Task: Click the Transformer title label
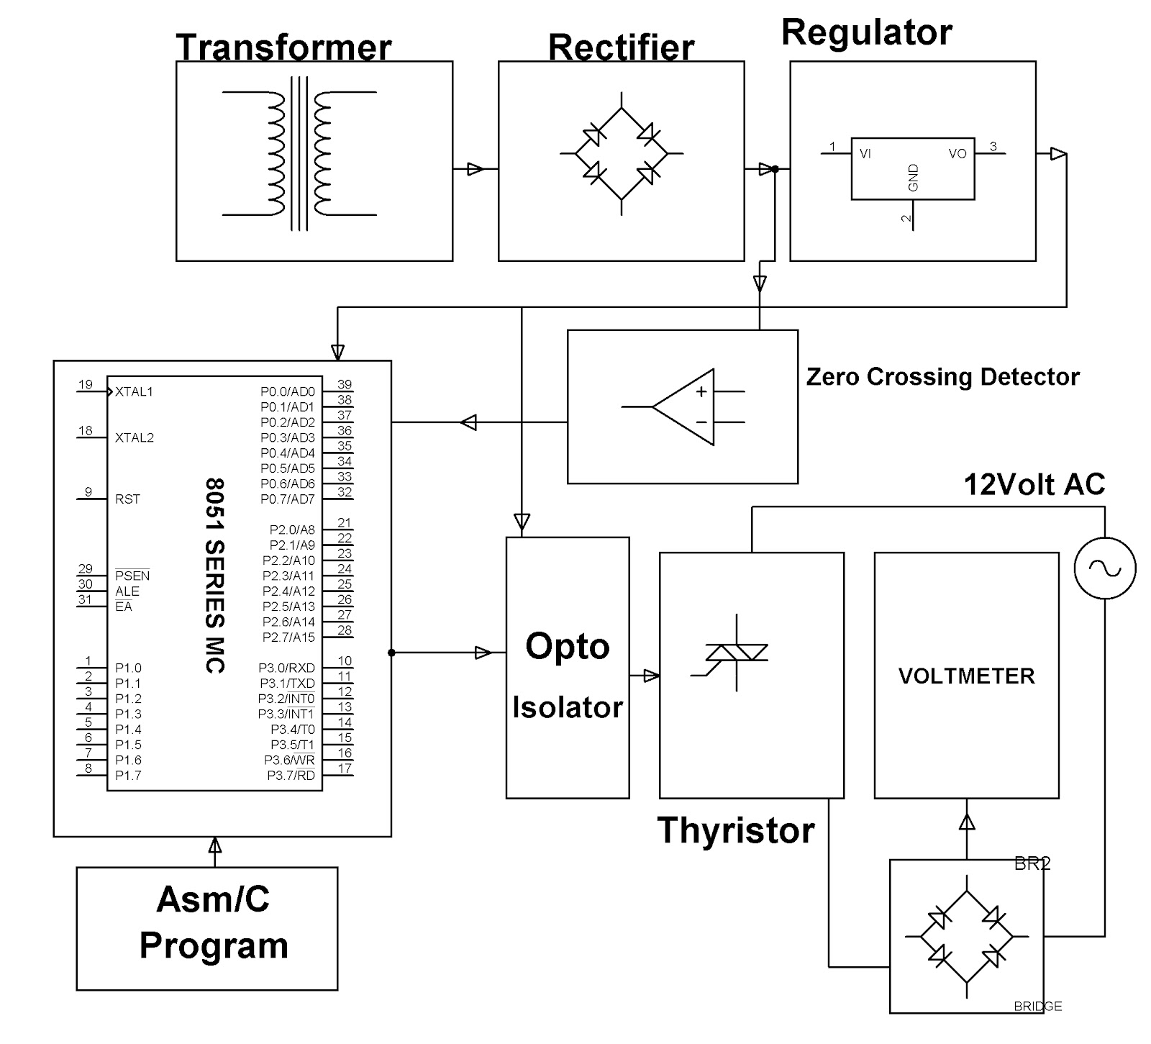pyautogui.click(x=283, y=47)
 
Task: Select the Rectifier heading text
pyautogui.click(x=621, y=47)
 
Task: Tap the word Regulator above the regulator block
pyautogui.click(x=866, y=32)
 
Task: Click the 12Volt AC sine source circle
pyautogui.click(x=1104, y=568)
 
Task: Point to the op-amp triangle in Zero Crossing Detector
pyautogui.click(x=683, y=407)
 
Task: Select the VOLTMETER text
pyautogui.click(x=966, y=676)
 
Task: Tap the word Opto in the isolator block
pyautogui.click(x=567, y=645)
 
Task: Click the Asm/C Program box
pyautogui.click(x=207, y=928)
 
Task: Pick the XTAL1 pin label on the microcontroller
pyautogui.click(x=134, y=392)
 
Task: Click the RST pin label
pyautogui.click(x=127, y=499)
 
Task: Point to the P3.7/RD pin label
pyautogui.click(x=291, y=776)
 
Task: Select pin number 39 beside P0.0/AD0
pyautogui.click(x=345, y=384)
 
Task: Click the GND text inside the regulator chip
pyautogui.click(x=914, y=178)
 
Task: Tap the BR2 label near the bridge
pyautogui.click(x=1032, y=864)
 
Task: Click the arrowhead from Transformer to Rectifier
pyautogui.click(x=476, y=169)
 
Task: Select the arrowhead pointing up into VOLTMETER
pyautogui.click(x=967, y=820)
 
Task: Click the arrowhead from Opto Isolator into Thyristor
pyautogui.click(x=651, y=676)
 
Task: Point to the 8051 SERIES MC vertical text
pyautogui.click(x=215, y=576)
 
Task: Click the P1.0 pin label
pyautogui.click(x=128, y=668)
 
